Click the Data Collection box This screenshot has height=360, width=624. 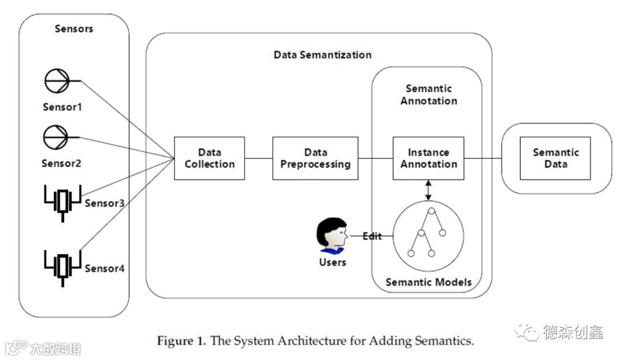[210, 158]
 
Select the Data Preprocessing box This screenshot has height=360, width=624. [315, 158]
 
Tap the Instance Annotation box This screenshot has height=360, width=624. [428, 158]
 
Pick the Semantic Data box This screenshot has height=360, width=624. [555, 158]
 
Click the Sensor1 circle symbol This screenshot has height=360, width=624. [57, 81]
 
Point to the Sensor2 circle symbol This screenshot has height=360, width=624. [57, 137]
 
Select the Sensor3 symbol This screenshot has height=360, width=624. [62, 202]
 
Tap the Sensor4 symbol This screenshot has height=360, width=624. [62, 267]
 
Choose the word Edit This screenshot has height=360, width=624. [372, 236]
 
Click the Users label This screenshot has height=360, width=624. [332, 262]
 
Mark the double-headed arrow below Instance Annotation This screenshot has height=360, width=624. [428, 190]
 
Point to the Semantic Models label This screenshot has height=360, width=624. [428, 283]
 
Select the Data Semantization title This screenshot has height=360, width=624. [322, 55]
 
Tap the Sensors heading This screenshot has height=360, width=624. [74, 28]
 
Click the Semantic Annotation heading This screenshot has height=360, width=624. [429, 95]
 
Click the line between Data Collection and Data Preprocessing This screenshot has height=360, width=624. [258, 158]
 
